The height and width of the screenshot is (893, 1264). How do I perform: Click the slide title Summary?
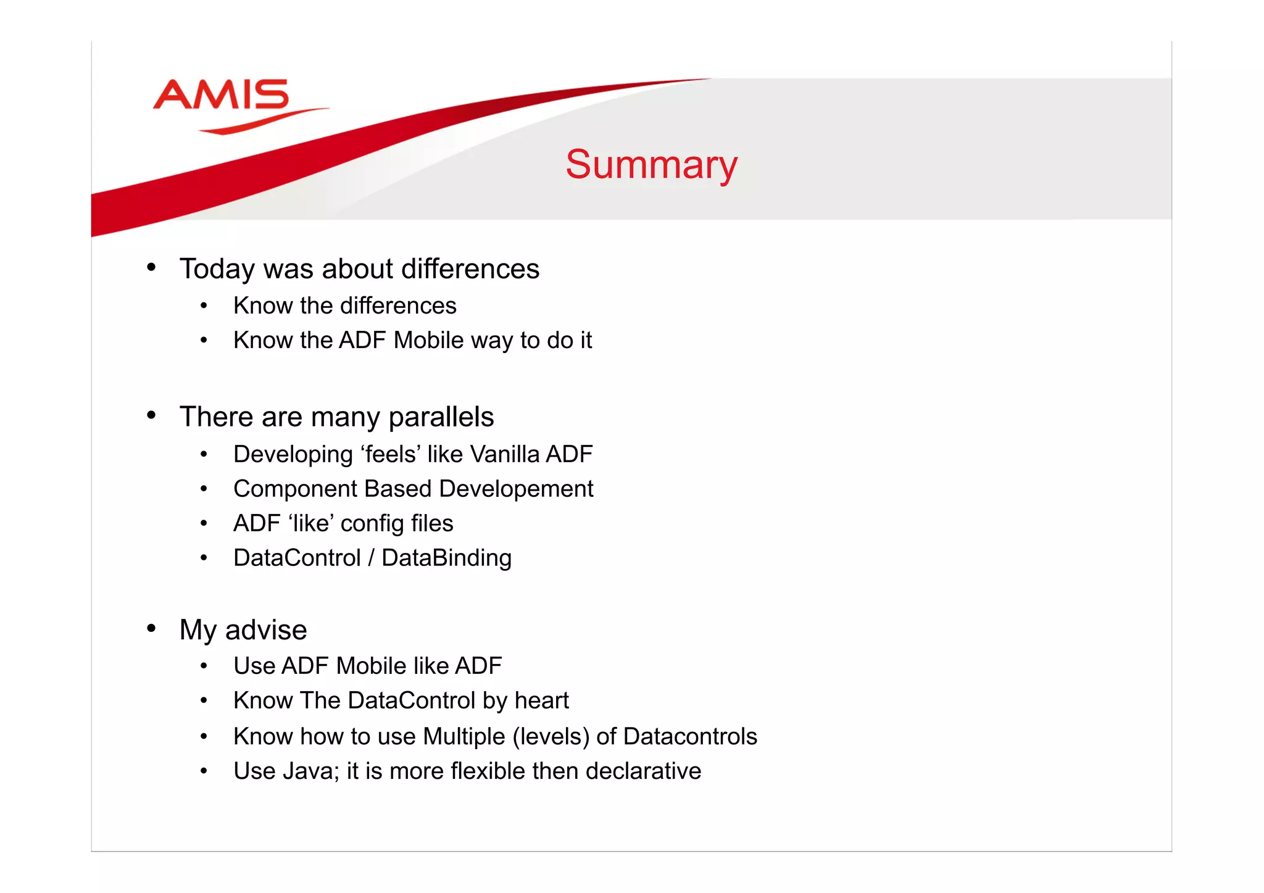(x=651, y=165)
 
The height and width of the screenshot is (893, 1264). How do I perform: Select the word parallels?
(x=441, y=418)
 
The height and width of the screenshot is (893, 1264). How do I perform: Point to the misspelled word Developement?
(x=516, y=489)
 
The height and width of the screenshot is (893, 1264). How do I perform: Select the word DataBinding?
(x=446, y=559)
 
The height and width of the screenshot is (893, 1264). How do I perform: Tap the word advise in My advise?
(x=266, y=630)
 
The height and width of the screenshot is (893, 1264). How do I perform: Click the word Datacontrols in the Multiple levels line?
(x=690, y=737)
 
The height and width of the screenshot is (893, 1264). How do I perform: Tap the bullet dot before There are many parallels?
(x=151, y=415)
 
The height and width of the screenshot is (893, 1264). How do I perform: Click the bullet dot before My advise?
(x=151, y=628)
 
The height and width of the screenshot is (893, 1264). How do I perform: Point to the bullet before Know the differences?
(x=204, y=305)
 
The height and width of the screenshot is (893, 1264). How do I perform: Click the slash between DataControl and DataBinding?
(x=371, y=559)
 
